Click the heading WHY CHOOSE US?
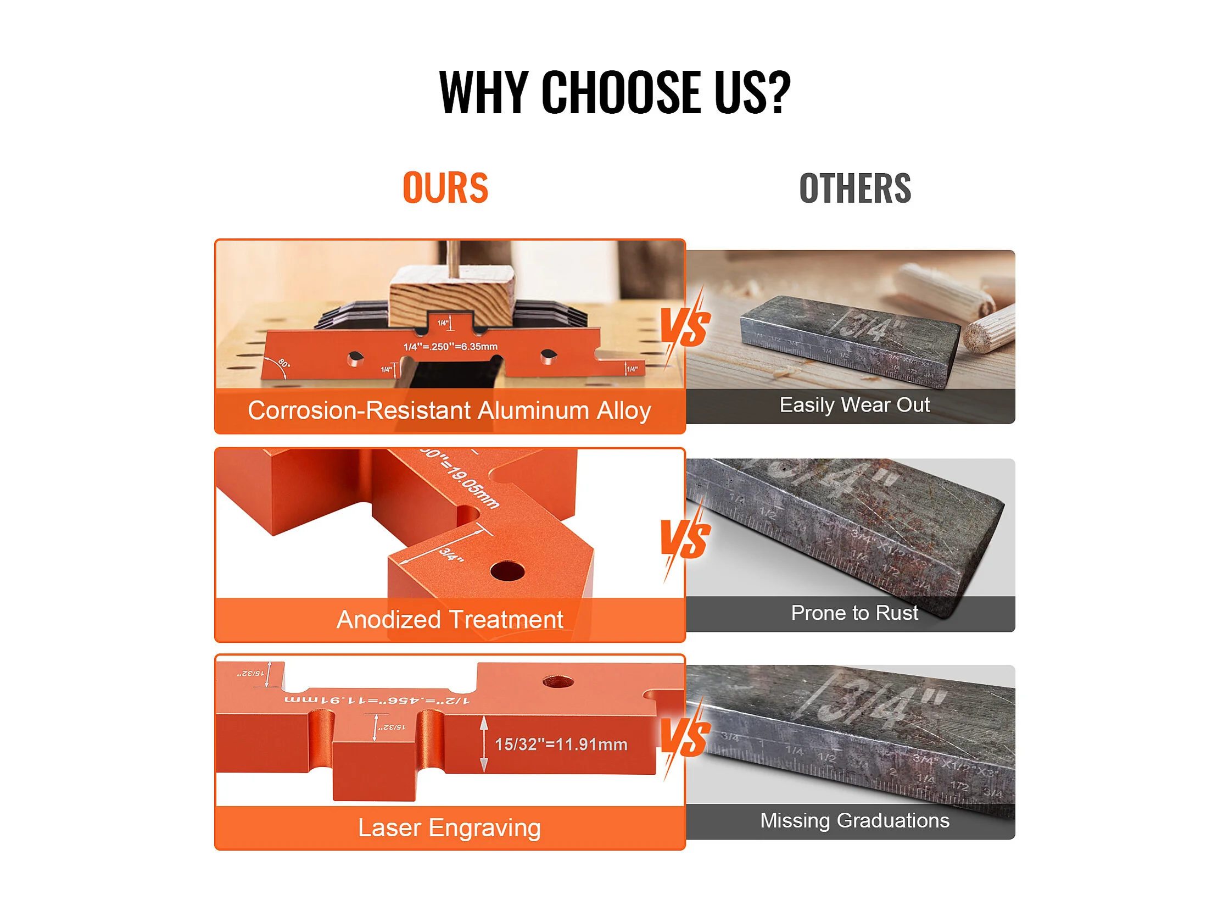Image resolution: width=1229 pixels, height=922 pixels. coord(614,92)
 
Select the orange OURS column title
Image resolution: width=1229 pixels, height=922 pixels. coord(445,188)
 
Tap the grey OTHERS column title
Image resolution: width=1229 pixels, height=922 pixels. coord(854,188)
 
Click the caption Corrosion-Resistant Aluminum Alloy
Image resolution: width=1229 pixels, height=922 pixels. coord(449,410)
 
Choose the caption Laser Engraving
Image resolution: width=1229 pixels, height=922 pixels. coord(449,827)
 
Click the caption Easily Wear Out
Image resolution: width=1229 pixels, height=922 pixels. coord(854,404)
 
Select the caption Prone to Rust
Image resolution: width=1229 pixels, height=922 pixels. coord(854,613)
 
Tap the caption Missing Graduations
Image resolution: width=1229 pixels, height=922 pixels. coord(854,820)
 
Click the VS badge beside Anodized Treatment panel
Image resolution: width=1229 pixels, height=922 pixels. coord(684,539)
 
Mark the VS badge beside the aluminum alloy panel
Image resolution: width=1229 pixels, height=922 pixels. coord(684,328)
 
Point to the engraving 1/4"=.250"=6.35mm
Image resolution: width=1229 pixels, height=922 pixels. coord(451,346)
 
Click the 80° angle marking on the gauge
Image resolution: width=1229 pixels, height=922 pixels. coord(283,363)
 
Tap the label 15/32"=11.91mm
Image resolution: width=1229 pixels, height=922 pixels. coord(561,744)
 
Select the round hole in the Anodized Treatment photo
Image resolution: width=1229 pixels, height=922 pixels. coord(507,571)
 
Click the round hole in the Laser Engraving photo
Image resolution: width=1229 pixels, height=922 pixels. coord(558,681)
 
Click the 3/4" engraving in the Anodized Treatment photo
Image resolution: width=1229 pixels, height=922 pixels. coord(451,554)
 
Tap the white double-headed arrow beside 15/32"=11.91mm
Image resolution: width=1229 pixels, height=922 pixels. coord(484,743)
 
